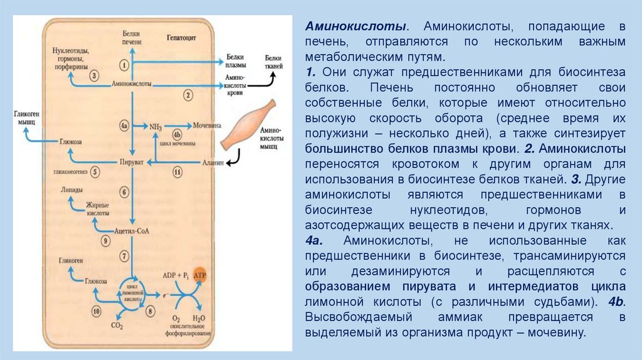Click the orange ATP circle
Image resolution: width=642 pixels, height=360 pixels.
[199, 275]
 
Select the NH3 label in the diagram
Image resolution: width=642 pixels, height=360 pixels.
[155, 127]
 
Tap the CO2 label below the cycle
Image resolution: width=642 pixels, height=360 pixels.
[116, 326]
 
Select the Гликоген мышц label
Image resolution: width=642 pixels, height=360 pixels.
[24, 119]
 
